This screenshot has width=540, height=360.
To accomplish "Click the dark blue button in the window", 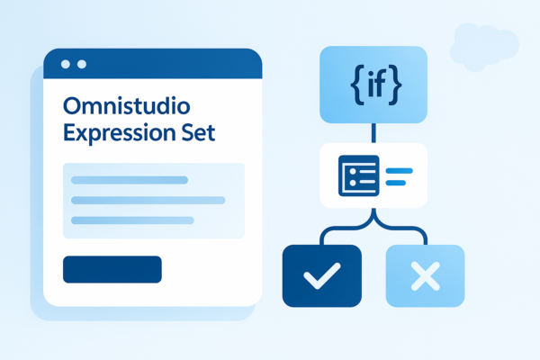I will pyautogui.click(x=112, y=269).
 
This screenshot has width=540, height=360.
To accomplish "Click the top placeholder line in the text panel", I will pyautogui.click(x=130, y=180).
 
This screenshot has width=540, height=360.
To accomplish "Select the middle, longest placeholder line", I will pyautogui.click(x=148, y=200).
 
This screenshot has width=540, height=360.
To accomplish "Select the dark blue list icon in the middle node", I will pyautogui.click(x=357, y=175).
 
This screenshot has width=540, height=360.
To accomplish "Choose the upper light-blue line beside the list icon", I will pyautogui.click(x=398, y=168).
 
